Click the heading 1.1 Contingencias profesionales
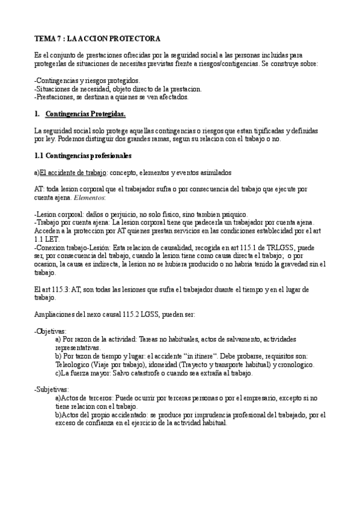point(82,156)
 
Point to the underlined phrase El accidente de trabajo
point(73,173)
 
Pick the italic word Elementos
point(88,198)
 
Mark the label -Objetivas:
point(50,331)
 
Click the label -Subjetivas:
point(52,390)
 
